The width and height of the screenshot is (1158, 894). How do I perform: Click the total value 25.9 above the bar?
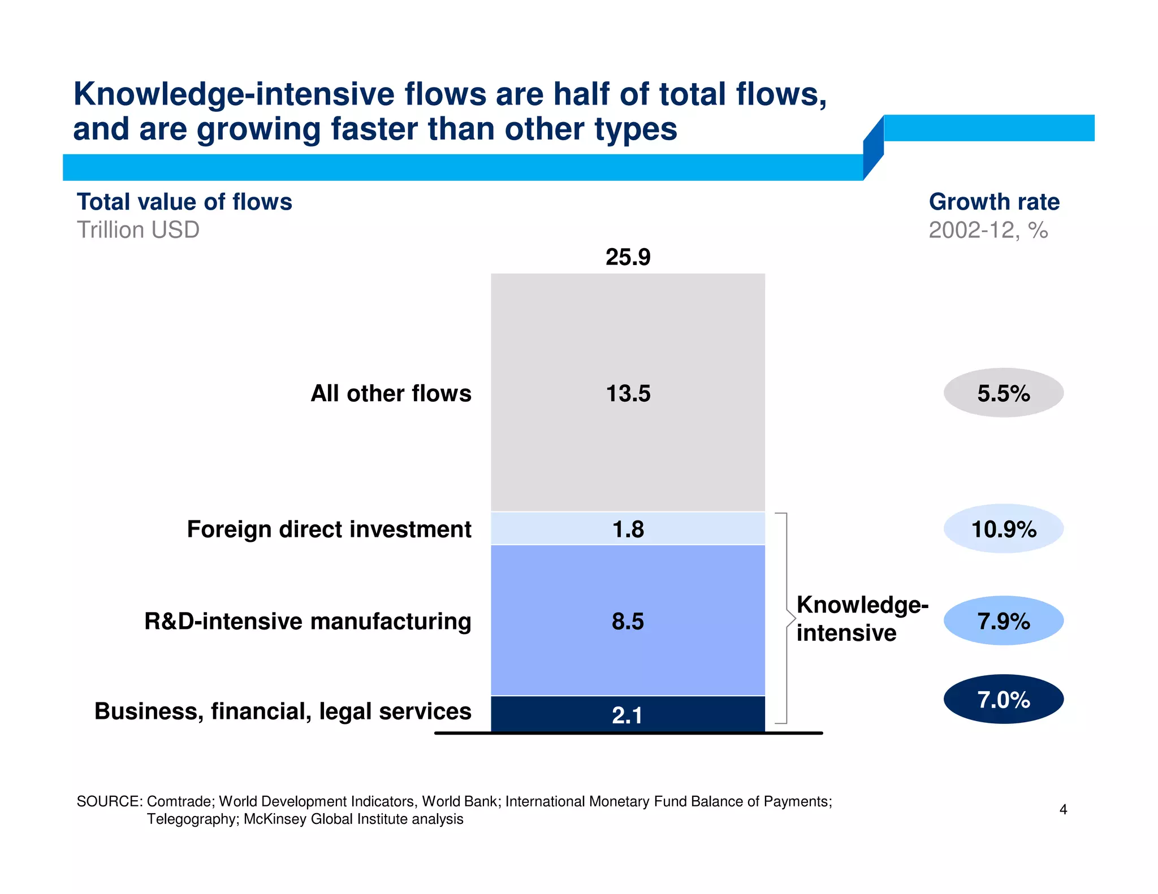click(x=628, y=257)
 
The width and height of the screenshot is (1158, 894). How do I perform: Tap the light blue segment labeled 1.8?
click(x=628, y=529)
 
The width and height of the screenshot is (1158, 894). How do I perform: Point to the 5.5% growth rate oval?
click(x=1003, y=393)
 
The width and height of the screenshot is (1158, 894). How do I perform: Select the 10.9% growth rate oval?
click(x=1003, y=529)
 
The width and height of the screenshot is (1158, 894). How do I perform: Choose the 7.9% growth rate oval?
click(x=1003, y=621)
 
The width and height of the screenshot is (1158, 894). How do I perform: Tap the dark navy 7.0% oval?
click(x=1003, y=700)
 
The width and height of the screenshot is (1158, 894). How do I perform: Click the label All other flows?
click(x=391, y=393)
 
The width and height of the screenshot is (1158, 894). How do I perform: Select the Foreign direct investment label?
click(x=329, y=530)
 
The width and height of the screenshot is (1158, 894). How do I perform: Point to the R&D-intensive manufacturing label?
click(x=308, y=621)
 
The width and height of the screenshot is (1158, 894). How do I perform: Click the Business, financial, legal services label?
click(x=283, y=711)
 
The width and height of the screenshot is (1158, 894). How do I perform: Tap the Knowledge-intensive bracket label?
click(x=861, y=619)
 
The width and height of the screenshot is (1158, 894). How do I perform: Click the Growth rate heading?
click(x=993, y=202)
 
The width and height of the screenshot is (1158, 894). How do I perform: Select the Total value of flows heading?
click(x=184, y=202)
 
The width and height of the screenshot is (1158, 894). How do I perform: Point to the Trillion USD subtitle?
click(x=138, y=230)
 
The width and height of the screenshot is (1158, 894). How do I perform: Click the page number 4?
click(x=1063, y=810)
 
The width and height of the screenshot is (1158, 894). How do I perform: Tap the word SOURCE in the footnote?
click(x=109, y=801)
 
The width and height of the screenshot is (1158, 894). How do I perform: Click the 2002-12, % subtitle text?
click(x=988, y=230)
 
